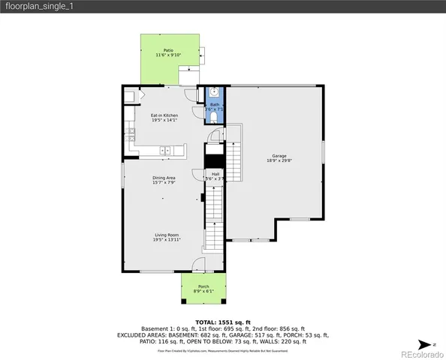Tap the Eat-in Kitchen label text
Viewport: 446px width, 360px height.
164,115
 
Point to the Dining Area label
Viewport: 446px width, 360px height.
164,178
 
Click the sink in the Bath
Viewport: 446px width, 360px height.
215,95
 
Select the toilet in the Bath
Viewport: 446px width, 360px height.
215,117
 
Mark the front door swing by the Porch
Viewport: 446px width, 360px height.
197,265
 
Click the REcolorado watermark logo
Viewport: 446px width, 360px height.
420,353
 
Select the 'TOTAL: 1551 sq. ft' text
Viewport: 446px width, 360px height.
222,321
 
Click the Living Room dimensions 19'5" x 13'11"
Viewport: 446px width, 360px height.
166,240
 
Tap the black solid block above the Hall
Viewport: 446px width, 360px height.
215,160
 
